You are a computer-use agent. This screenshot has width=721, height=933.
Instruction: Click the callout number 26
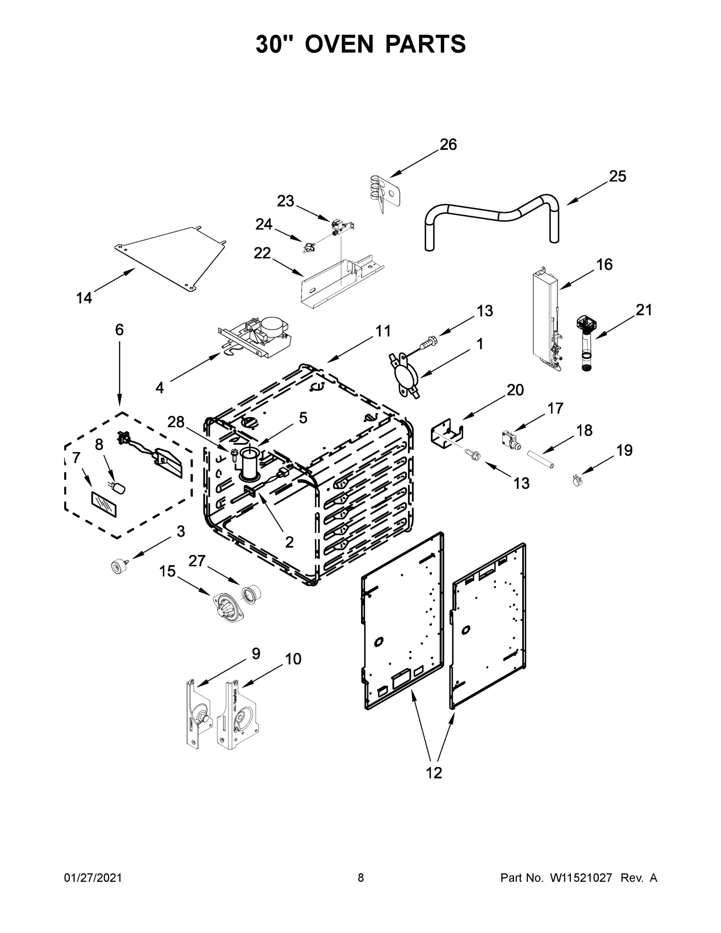click(x=448, y=145)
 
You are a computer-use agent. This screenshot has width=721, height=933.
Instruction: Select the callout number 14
click(x=84, y=298)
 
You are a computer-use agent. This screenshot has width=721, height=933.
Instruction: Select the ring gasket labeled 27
click(x=251, y=594)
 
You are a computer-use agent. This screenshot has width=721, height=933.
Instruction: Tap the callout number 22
click(x=262, y=253)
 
